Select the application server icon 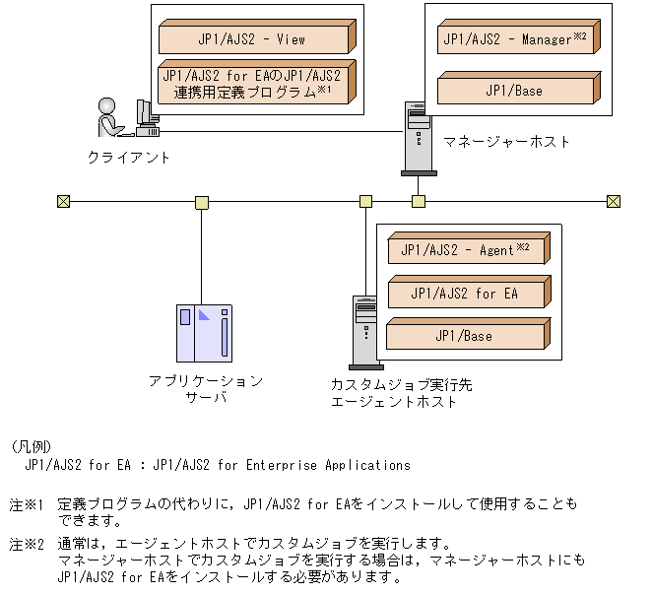203,334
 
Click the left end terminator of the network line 64,202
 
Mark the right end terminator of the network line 613,202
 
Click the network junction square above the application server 202,202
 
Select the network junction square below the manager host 419,202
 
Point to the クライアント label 129,157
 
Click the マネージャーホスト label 506,142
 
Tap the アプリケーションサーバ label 206,389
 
